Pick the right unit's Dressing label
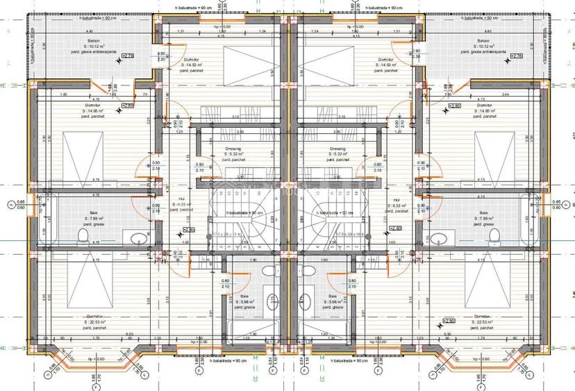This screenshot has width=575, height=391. pos(337,149)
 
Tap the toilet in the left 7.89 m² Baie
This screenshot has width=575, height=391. pos(83,238)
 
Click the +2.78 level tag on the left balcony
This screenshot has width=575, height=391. pos(128,56)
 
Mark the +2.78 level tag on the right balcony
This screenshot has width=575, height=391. pos(448,56)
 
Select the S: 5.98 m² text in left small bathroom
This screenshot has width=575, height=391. pos(246,302)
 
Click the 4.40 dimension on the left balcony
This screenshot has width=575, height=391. pos(89,33)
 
